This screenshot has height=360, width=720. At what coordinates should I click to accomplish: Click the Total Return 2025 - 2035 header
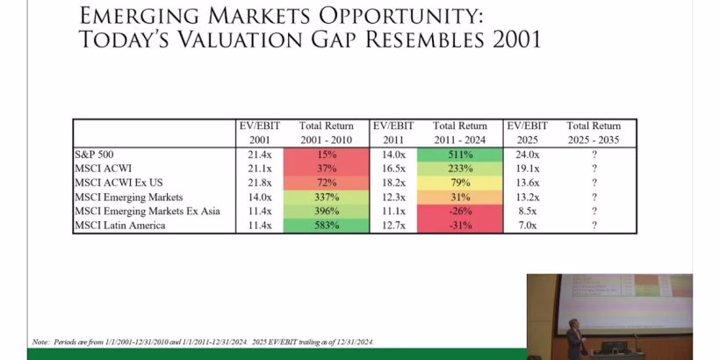click(x=594, y=132)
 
